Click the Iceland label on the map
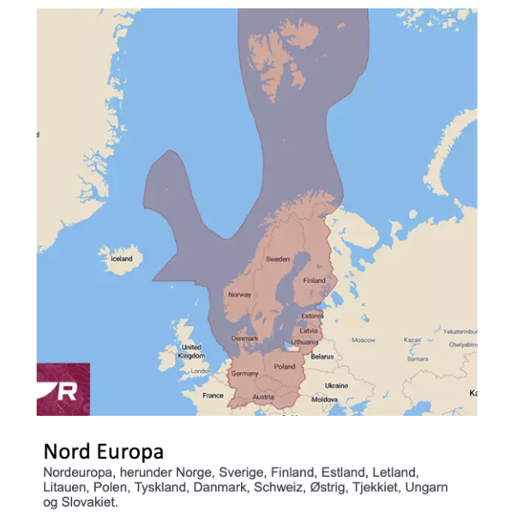click(122, 258)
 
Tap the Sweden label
click(277, 258)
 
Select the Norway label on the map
click(239, 294)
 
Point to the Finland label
click(314, 280)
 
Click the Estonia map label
click(312, 315)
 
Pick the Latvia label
click(309, 330)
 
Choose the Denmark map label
click(244, 338)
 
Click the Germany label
click(244, 374)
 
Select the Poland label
click(284, 367)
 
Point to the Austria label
click(263, 397)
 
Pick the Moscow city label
click(364, 340)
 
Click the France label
click(213, 395)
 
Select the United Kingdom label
click(191, 352)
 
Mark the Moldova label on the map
click(324, 400)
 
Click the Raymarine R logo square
click(63, 389)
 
